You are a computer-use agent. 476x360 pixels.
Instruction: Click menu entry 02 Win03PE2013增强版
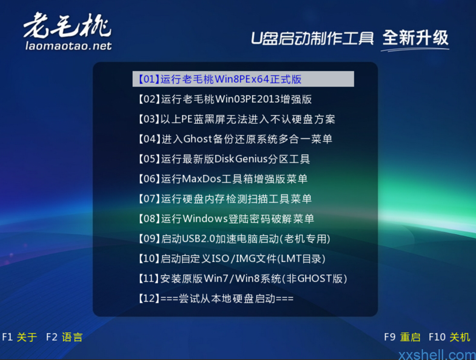(x=225, y=99)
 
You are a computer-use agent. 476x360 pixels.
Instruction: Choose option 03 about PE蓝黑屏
(x=237, y=119)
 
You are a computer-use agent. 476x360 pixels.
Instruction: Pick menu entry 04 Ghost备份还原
(x=235, y=139)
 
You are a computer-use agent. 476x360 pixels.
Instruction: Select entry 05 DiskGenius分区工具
(x=224, y=159)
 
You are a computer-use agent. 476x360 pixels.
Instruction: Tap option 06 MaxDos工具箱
(x=223, y=179)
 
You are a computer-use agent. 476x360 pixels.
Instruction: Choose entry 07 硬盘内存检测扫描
(x=225, y=199)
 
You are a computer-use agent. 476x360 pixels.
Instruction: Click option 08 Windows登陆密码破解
(x=226, y=219)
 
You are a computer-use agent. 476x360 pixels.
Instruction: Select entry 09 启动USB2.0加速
(x=234, y=239)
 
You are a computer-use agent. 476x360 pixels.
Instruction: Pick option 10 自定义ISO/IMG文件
(x=232, y=259)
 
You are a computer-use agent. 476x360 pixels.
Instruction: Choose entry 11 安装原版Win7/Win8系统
(x=243, y=278)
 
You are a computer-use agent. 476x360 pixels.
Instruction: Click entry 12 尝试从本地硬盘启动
(x=216, y=299)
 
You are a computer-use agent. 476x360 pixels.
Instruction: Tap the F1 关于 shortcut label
(x=19, y=337)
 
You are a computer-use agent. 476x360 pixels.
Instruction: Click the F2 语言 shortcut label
(x=64, y=337)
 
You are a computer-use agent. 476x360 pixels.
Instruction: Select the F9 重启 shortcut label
(x=402, y=337)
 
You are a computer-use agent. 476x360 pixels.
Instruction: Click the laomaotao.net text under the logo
(x=68, y=46)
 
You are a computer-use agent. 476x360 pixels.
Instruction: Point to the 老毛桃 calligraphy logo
(x=67, y=25)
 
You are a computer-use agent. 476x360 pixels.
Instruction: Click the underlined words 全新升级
(x=415, y=38)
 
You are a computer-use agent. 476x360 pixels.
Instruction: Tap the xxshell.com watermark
(x=437, y=354)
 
